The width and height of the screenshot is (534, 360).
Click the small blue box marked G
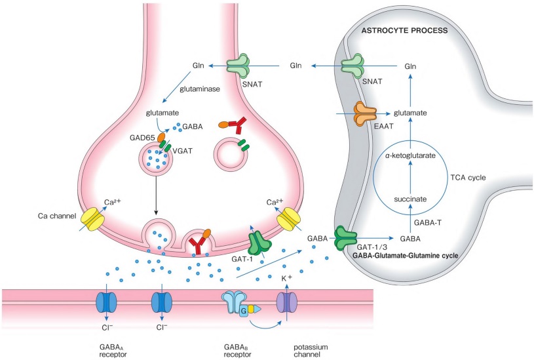point(244,311)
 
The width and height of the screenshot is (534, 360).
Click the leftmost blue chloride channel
point(105,302)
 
